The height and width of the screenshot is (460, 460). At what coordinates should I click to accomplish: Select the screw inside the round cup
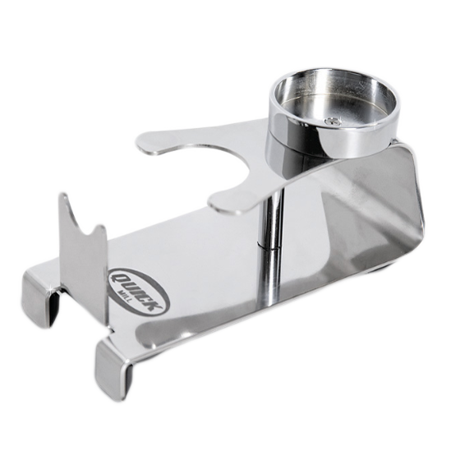pos(332,120)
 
